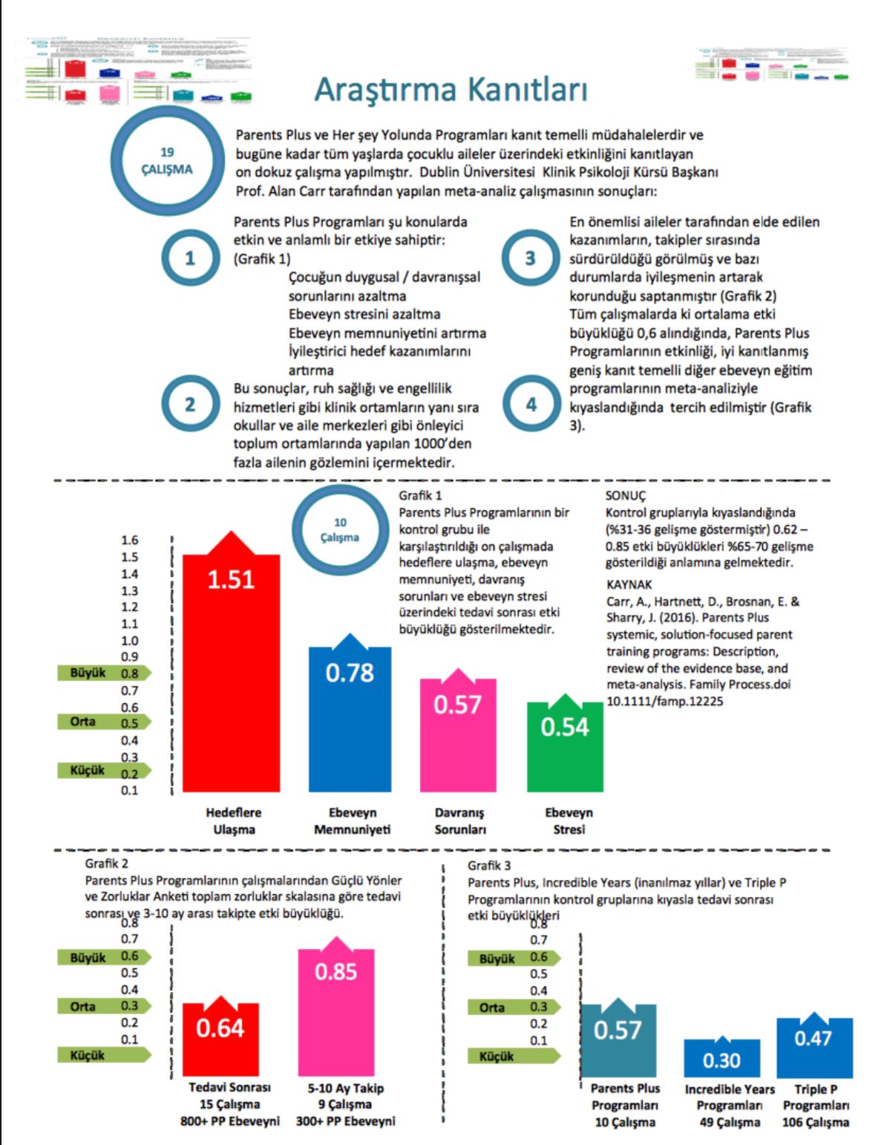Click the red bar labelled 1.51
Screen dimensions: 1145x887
231,668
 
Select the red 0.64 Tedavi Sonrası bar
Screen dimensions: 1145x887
220,1040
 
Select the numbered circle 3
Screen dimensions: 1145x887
530,258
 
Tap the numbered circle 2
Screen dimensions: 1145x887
190,404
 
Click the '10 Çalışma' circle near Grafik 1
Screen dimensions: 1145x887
340,530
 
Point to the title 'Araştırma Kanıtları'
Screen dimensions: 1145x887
451,90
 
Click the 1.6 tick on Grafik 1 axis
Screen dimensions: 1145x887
130,541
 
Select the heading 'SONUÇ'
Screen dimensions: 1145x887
625,495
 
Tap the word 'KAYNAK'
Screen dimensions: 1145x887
629,584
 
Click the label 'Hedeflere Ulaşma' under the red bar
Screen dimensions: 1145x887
234,821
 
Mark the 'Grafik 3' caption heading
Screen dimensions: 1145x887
489,866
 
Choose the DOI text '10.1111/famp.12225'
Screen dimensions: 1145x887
664,701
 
